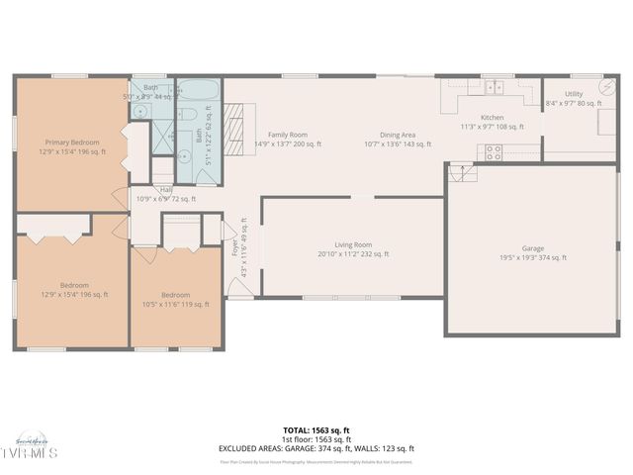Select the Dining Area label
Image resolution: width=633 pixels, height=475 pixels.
click(x=398, y=140)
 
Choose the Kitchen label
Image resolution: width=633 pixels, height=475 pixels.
click(x=492, y=122)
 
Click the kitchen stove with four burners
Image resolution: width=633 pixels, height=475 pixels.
click(x=492, y=152)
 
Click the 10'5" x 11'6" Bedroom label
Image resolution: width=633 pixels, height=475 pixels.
click(x=175, y=299)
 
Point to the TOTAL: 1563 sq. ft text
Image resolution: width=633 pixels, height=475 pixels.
click(x=316, y=430)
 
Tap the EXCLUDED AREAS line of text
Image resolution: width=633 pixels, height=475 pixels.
click(x=316, y=448)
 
